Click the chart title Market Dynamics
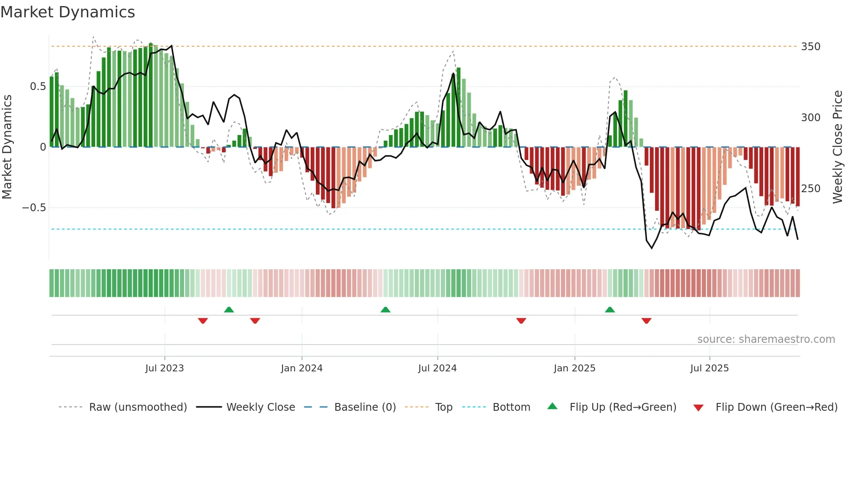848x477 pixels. (67, 12)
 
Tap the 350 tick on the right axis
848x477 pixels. (810, 47)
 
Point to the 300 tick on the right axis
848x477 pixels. (810, 118)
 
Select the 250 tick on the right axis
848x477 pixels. (810, 189)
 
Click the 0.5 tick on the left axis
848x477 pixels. (38, 87)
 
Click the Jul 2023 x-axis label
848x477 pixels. (164, 368)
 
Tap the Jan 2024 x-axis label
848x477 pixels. (302, 368)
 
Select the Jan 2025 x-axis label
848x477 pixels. (575, 368)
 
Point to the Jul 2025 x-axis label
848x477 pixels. (710, 368)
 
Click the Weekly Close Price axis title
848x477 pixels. (838, 147)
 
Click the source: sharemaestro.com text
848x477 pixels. (766, 339)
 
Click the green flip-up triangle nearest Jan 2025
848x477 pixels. (610, 309)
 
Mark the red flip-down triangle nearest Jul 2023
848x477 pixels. (203, 321)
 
